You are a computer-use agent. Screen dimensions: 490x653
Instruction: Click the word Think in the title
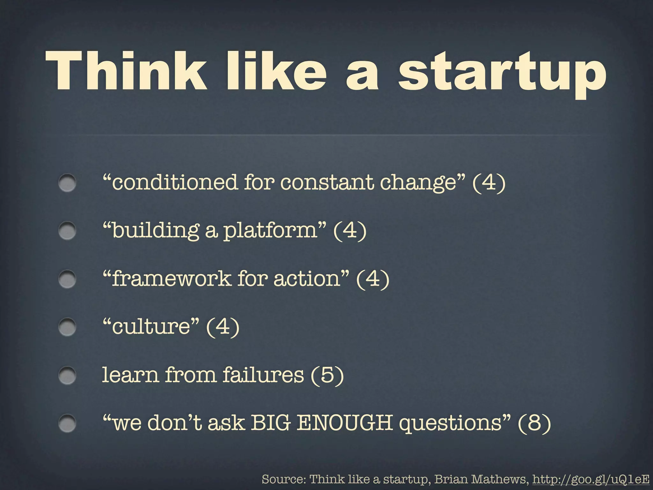pyautogui.click(x=126, y=71)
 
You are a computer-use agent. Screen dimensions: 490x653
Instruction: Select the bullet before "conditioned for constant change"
pyautogui.click(x=67, y=183)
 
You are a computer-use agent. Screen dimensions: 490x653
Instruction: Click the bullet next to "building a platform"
pyautogui.click(x=67, y=231)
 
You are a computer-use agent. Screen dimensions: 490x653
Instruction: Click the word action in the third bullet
pyautogui.click(x=307, y=278)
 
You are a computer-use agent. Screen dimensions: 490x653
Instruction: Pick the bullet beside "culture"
pyautogui.click(x=67, y=327)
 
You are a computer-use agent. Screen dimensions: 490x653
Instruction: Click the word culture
pyautogui.click(x=151, y=327)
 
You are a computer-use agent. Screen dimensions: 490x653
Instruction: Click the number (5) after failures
pyautogui.click(x=327, y=375)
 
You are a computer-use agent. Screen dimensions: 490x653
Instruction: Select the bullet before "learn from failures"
pyautogui.click(x=67, y=375)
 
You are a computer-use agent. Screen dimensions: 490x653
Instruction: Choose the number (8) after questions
pyautogui.click(x=534, y=423)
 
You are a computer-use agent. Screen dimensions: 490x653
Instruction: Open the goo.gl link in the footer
pyautogui.click(x=591, y=479)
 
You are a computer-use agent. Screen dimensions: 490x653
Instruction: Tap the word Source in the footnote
pyautogui.click(x=283, y=479)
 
